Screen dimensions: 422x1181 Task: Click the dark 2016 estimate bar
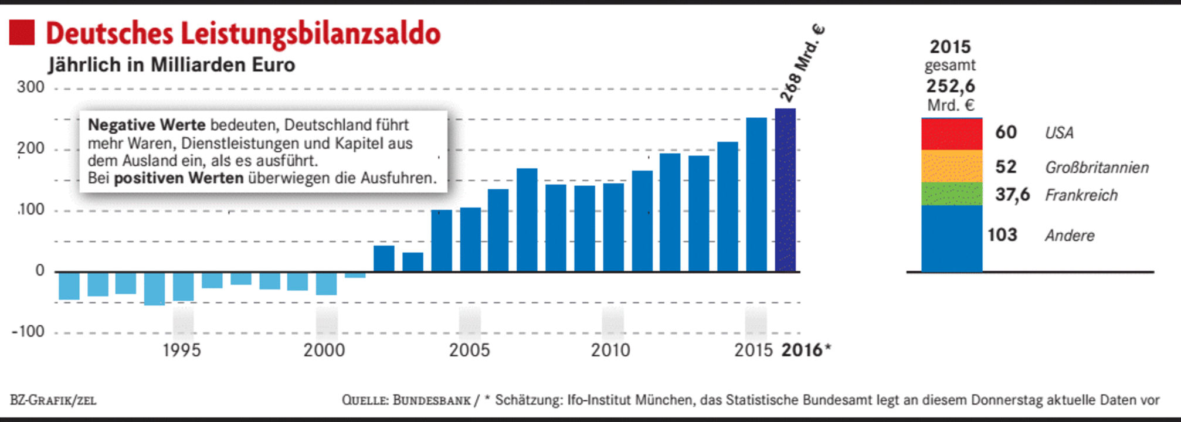(785, 190)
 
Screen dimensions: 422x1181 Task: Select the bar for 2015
(756, 195)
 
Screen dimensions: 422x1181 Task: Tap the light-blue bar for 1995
(183, 287)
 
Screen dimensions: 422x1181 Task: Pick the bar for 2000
(326, 283)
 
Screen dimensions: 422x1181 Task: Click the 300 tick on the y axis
(30, 87)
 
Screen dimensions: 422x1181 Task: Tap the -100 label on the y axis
(28, 332)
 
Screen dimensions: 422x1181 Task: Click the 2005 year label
(469, 350)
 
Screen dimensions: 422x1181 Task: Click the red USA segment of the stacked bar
(951, 134)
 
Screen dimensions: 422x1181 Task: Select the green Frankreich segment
(951, 193)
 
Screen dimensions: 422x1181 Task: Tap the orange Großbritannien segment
(951, 166)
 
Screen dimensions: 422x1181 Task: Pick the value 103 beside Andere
(1002, 235)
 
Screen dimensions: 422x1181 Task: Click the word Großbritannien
(1097, 168)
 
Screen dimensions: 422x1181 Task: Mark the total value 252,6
(951, 86)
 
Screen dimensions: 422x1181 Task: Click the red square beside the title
(22, 33)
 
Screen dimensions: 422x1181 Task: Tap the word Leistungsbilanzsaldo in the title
(310, 33)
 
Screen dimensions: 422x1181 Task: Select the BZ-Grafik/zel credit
(53, 400)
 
